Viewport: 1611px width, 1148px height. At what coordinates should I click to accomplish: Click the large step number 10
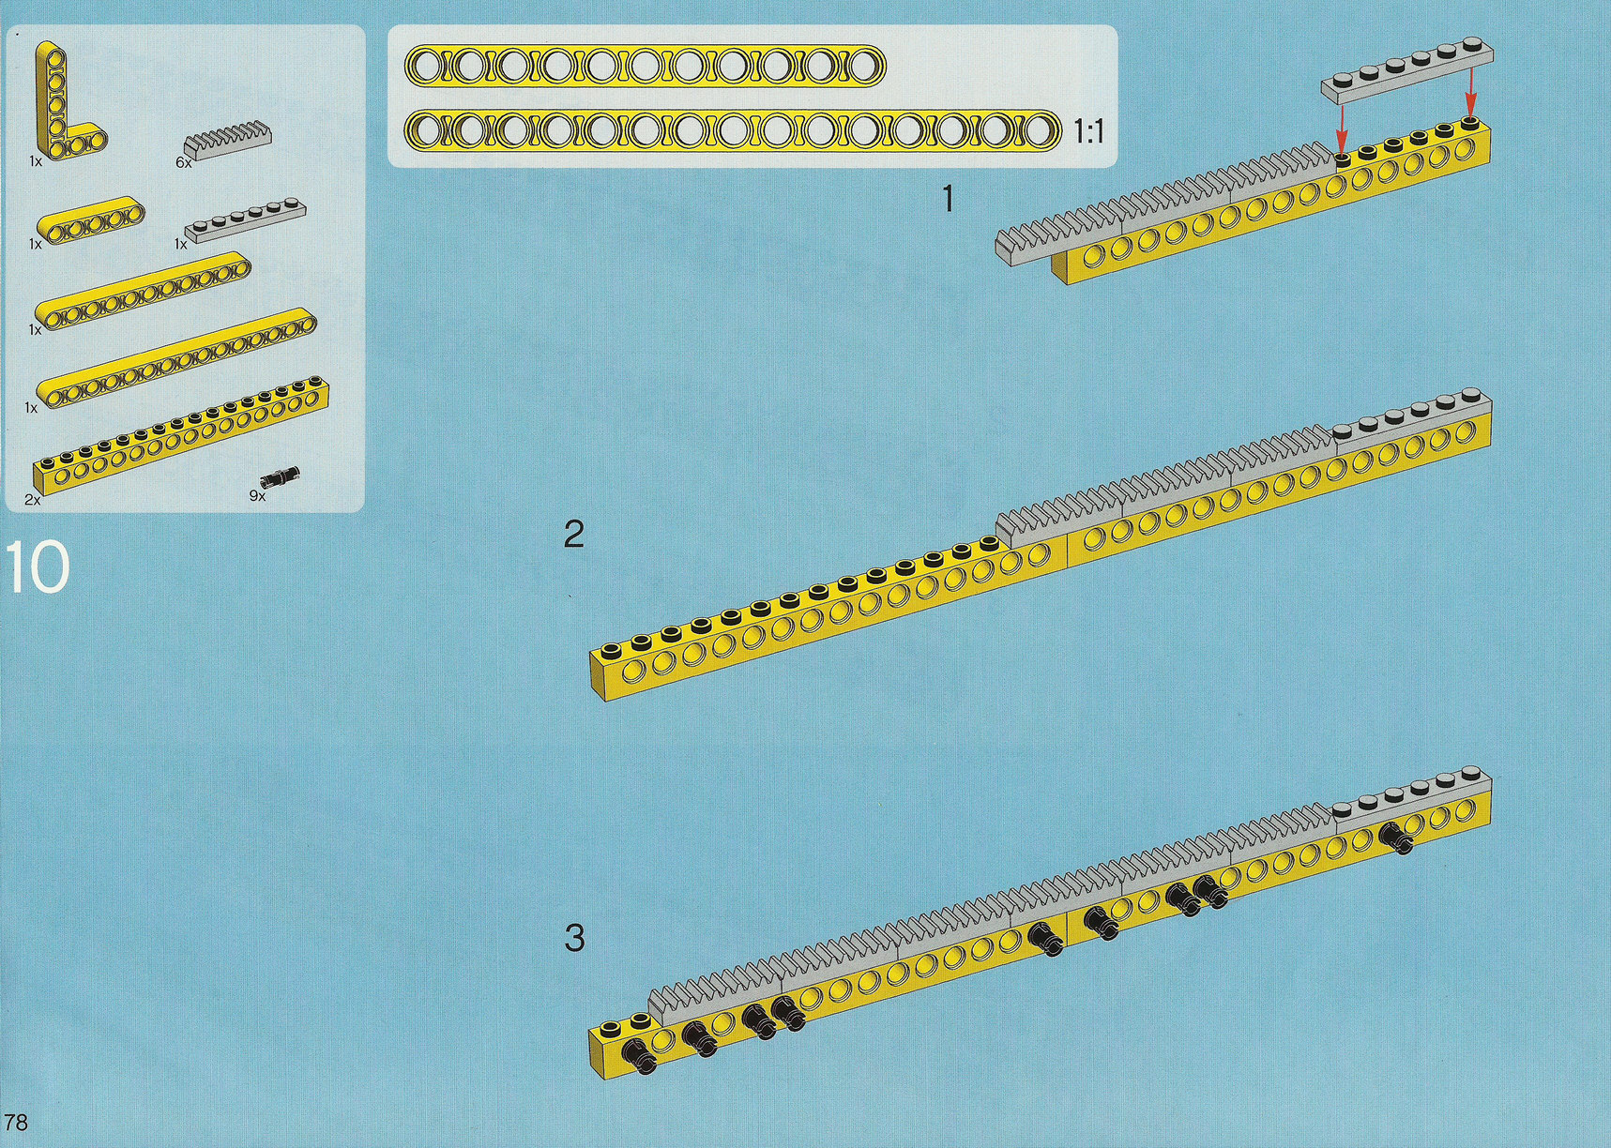(x=38, y=566)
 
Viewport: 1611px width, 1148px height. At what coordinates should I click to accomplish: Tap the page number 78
(x=16, y=1122)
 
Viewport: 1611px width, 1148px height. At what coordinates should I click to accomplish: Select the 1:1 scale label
(x=1088, y=132)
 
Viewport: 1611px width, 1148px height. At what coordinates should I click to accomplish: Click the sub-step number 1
(x=948, y=199)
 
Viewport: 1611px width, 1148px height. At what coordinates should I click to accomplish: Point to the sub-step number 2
(x=573, y=535)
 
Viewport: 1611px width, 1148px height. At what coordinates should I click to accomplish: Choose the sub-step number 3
(x=574, y=937)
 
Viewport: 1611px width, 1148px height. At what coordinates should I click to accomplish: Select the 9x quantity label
(x=257, y=495)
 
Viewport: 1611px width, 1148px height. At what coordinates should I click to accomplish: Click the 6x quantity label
(x=183, y=162)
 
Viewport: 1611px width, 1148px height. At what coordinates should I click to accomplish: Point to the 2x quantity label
(x=33, y=500)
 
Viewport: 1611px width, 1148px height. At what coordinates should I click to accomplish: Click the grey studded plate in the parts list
(x=246, y=221)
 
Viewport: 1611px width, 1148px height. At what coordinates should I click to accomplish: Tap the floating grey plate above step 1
(x=1407, y=70)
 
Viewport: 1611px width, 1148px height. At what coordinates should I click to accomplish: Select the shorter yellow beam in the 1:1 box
(x=646, y=66)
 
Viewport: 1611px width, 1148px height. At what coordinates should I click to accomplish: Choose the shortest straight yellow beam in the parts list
(x=91, y=219)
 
